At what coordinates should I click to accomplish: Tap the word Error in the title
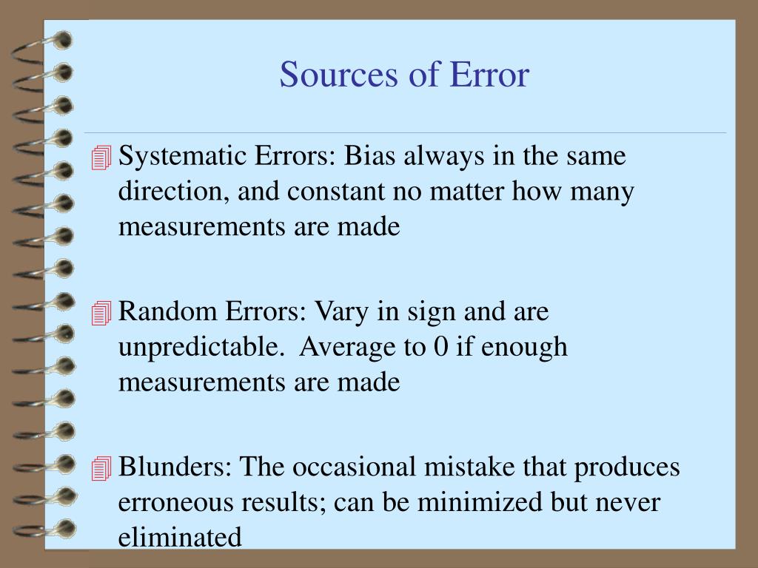[x=494, y=75]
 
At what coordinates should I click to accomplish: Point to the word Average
[x=354, y=347]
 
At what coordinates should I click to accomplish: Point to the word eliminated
[x=180, y=537]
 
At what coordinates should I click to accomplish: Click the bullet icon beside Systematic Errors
[x=101, y=158]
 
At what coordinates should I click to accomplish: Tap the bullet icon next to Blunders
[x=101, y=469]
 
